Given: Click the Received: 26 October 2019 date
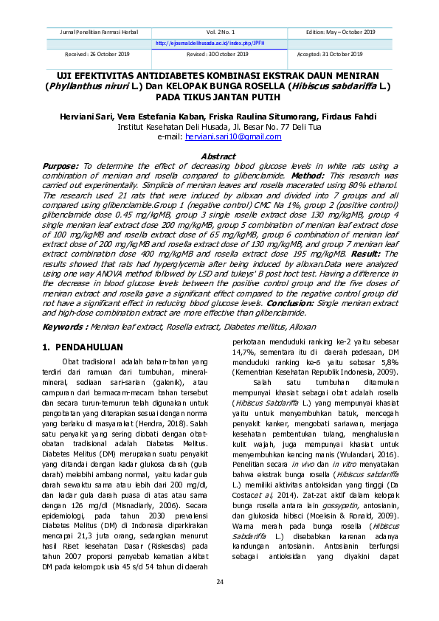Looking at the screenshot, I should pos(92,54).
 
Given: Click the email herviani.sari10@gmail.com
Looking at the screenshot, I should pos(243,137).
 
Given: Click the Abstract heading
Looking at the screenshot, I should pos(219,156).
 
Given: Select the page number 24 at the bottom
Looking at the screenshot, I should pos(219,583).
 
